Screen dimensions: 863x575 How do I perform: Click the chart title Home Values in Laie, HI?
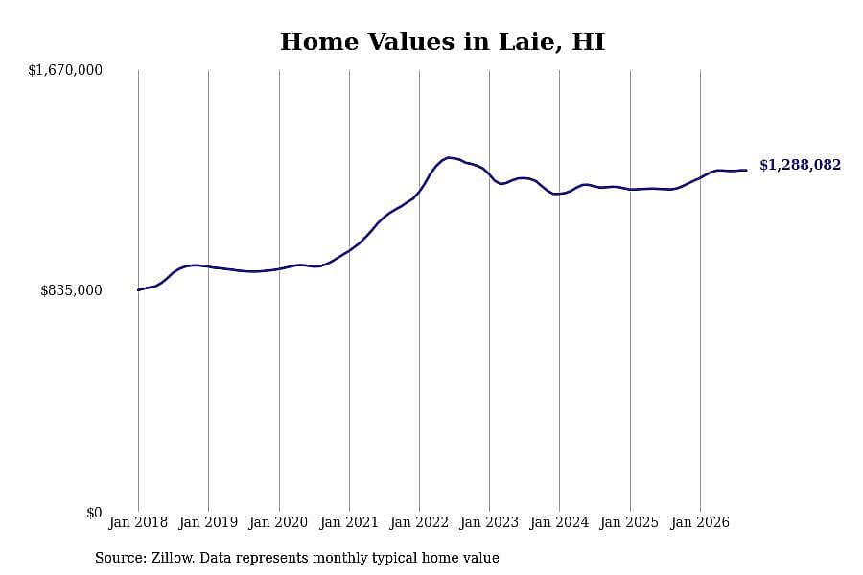pyautogui.click(x=442, y=42)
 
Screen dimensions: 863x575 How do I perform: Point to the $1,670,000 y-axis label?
pyautogui.click(x=65, y=70)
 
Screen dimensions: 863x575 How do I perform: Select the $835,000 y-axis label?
pyautogui.click(x=71, y=290)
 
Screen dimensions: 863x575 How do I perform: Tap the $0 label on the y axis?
pyautogui.click(x=94, y=513)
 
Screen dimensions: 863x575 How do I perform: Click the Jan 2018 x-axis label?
pyautogui.click(x=138, y=522)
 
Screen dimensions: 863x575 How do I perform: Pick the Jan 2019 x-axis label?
pyautogui.click(x=208, y=522)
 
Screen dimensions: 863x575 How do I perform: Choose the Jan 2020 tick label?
pyautogui.click(x=278, y=522)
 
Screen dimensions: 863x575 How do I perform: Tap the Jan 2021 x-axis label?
pyautogui.click(x=349, y=522)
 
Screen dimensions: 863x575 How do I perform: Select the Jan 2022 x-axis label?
pyautogui.click(x=419, y=522)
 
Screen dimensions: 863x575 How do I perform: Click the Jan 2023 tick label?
pyautogui.click(x=489, y=522)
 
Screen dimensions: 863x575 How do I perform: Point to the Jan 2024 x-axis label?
pyautogui.click(x=559, y=522)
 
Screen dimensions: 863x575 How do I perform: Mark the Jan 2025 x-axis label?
pyautogui.click(x=629, y=522)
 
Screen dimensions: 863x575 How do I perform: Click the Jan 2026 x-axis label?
pyautogui.click(x=700, y=522)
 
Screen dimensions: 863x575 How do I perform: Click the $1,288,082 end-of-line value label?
pyautogui.click(x=801, y=165)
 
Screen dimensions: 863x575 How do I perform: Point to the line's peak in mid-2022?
pyautogui.click(x=450, y=158)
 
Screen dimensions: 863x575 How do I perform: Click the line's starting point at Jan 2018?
pyautogui.click(x=138, y=290)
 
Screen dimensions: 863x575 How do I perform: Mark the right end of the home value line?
pyautogui.click(x=746, y=170)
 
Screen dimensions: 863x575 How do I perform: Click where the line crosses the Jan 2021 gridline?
pyautogui.click(x=349, y=251)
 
